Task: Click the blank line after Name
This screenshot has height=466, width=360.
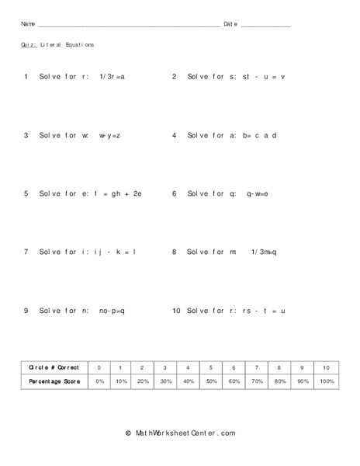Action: (x=128, y=26)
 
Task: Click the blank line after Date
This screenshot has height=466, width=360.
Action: (x=265, y=26)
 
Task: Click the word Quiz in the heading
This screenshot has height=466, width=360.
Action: (x=28, y=45)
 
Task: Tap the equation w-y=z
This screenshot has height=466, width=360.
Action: (x=109, y=135)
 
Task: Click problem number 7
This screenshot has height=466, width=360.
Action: (x=26, y=252)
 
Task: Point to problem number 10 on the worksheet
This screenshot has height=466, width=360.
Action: (x=176, y=310)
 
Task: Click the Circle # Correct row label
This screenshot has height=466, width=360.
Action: (x=54, y=367)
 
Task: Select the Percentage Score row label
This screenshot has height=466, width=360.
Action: (x=54, y=382)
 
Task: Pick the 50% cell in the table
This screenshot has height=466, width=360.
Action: (x=210, y=382)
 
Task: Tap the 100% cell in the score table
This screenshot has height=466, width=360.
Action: (x=327, y=382)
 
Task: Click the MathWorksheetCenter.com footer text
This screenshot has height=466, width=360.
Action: (x=180, y=433)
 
